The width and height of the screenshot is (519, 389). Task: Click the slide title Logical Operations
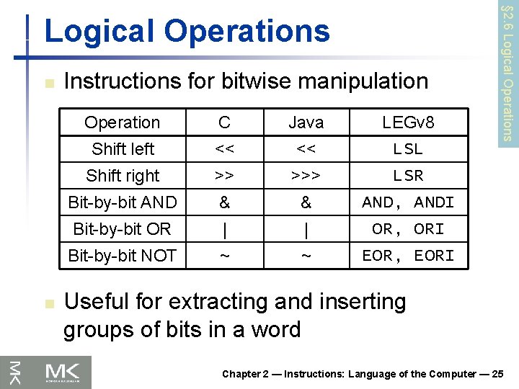pos(187,31)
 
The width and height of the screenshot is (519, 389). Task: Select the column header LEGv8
pos(408,122)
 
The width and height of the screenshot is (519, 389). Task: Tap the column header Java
pos(306,122)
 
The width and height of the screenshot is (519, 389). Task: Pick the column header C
pos(224,122)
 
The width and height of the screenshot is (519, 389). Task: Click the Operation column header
pos(122,122)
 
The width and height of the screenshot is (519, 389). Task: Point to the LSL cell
pos(408,149)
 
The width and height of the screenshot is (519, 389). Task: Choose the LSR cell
pos(408,176)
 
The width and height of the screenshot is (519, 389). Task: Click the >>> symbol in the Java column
pos(306,176)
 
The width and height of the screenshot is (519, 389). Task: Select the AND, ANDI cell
pos(408,202)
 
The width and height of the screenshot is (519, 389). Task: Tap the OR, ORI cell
pos(408,229)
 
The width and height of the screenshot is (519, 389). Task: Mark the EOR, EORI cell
pos(408,256)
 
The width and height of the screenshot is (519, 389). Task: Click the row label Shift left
pos(123,149)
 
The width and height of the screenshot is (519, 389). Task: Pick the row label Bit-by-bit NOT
pos(122,256)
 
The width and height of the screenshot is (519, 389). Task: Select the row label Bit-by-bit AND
pos(122,202)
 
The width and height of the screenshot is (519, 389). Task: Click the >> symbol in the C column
pos(224,176)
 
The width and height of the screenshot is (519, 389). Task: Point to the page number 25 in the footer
pos(500,374)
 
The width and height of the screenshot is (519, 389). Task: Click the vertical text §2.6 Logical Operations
pos(507,72)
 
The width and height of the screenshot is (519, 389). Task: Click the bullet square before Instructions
pos(48,83)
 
